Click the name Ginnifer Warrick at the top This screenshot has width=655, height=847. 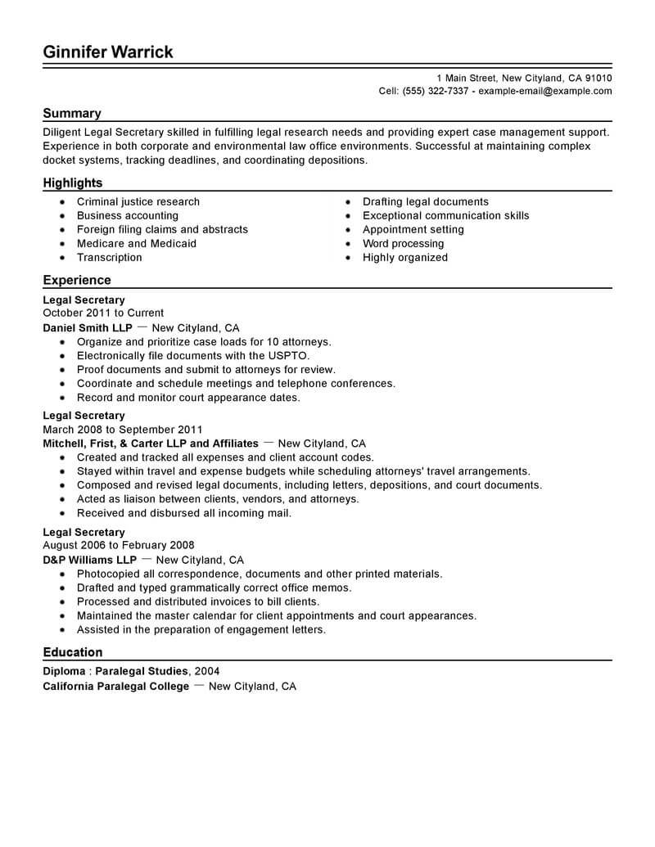[108, 52]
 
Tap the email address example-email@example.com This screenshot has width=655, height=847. [544, 91]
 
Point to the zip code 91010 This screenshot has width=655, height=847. [597, 78]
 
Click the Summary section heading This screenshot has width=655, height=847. [72, 114]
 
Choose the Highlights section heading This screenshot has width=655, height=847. [73, 183]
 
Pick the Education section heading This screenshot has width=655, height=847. [73, 652]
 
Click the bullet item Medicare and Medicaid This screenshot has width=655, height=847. [137, 243]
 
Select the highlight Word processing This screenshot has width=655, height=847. [403, 243]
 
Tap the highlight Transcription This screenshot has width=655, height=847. [110, 257]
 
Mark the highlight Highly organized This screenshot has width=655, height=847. [405, 257]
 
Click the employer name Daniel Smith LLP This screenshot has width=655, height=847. [86, 327]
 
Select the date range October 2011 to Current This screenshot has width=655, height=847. [103, 313]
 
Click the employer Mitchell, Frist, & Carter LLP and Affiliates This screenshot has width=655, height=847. [151, 444]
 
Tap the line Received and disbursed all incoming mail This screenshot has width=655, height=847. [184, 513]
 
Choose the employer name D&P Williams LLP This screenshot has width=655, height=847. [89, 561]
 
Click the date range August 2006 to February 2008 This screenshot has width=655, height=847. [119, 546]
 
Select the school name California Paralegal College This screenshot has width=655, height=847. [116, 687]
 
